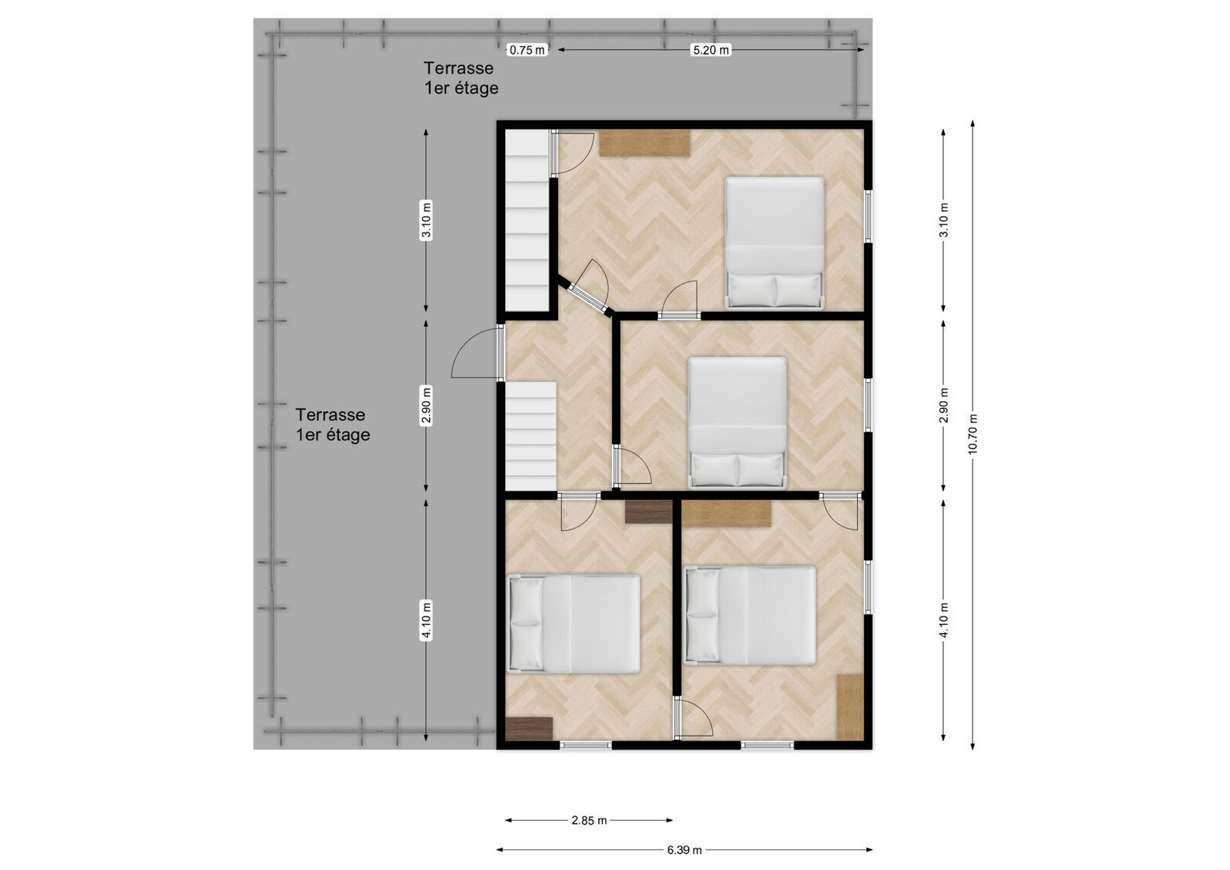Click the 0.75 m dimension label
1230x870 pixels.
coord(527,50)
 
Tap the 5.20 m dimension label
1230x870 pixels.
coord(710,50)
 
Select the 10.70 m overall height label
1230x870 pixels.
coord(972,433)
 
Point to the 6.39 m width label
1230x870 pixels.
coord(684,850)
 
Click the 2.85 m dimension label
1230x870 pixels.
coord(589,821)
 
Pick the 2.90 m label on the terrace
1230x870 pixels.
coord(426,406)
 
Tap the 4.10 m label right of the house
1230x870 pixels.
coord(943,619)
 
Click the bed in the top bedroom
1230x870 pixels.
coord(774,243)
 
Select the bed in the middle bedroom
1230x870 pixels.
coord(737,423)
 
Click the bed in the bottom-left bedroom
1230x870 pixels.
coord(573,624)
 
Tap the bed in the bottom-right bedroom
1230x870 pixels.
coord(750,616)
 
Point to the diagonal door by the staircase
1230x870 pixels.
coord(587,291)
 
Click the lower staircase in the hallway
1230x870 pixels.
coord(530,437)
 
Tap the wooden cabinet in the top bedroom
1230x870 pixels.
coord(644,143)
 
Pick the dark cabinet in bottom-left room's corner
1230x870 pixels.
coord(529,729)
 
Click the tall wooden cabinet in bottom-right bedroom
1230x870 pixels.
coord(850,707)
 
